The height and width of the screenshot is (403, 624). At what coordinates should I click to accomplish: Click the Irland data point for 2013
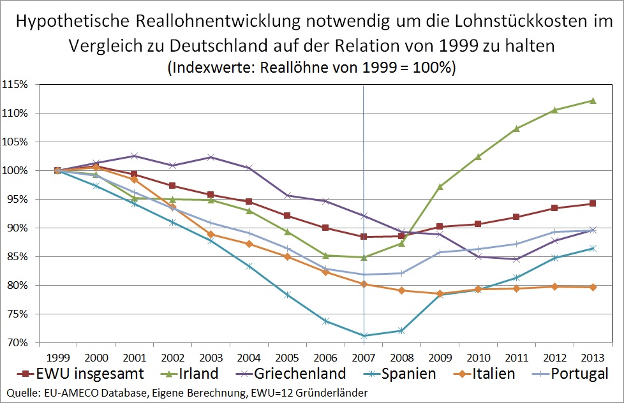coord(593,100)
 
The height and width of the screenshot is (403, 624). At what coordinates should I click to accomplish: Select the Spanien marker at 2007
coord(364,335)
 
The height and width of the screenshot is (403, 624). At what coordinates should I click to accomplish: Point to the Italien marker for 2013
coord(593,287)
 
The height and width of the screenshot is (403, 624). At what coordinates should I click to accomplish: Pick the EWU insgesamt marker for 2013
coord(593,203)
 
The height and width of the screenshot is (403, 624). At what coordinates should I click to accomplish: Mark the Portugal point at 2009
coord(440,252)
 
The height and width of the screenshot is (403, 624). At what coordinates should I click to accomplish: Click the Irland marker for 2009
coord(440,186)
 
